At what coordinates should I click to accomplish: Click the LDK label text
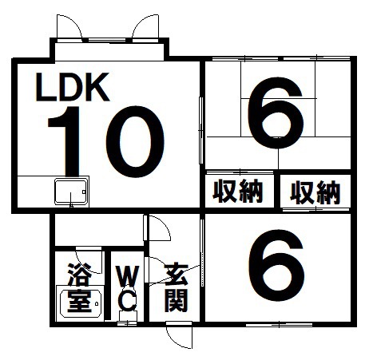pyautogui.click(x=73, y=87)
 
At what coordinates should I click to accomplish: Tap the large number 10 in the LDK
pyautogui.click(x=106, y=141)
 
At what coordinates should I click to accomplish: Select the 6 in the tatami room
pyautogui.click(x=276, y=113)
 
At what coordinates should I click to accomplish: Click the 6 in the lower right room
pyautogui.click(x=277, y=265)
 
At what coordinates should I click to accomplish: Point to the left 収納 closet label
pyautogui.click(x=238, y=191)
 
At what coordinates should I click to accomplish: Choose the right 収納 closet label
pyautogui.click(x=315, y=192)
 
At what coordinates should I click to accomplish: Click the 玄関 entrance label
pyautogui.click(x=177, y=287)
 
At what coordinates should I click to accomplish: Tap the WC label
pyautogui.click(x=128, y=288)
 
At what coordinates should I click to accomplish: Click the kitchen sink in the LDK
pyautogui.click(x=71, y=192)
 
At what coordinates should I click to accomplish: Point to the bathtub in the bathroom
pyautogui.click(x=81, y=303)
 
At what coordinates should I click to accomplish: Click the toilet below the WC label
pyautogui.click(x=128, y=317)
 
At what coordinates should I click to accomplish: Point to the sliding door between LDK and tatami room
pyautogui.click(x=201, y=130)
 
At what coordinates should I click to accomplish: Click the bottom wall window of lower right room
pyautogui.click(x=279, y=325)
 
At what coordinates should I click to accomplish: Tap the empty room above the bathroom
pyautogui.click(x=99, y=230)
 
